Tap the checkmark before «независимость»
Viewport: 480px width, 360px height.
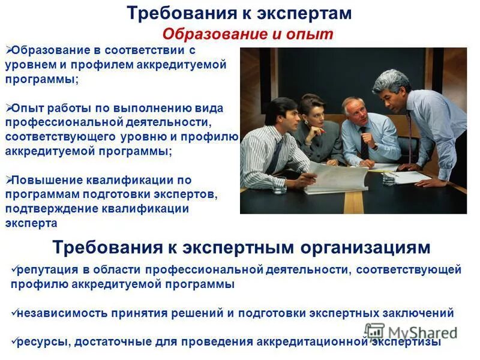[14, 313]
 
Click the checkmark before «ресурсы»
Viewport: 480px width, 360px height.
[14, 341]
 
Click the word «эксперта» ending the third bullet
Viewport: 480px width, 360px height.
[31, 223]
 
